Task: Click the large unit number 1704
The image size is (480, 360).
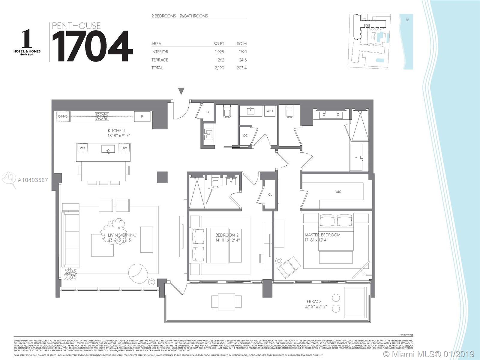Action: pos(92,46)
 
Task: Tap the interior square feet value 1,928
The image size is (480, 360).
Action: pos(219,52)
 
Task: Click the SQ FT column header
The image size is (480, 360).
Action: pos(219,44)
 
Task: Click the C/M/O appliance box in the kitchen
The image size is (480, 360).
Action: pos(63,116)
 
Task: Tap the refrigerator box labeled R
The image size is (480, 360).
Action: pos(142,116)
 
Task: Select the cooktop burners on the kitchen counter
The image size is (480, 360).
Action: pos(102,116)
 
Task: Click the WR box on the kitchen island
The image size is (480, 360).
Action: pos(82,148)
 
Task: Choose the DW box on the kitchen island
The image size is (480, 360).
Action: pos(124,148)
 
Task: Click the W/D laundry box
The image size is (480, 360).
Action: pos(270,111)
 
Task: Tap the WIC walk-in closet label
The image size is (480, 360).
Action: pos(338,192)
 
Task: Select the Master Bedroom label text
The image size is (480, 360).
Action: pos(322,235)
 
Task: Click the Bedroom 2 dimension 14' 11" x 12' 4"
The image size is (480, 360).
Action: pos(227,240)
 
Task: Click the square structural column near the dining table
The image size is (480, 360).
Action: pos(162,177)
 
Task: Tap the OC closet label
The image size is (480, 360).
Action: pos(245,136)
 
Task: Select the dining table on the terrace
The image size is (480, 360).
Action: pos(226,300)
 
